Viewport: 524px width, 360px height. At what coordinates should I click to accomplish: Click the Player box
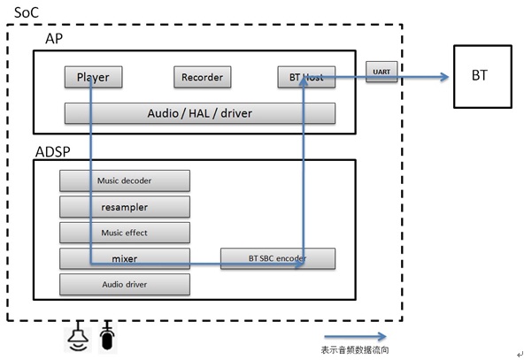pos(94,77)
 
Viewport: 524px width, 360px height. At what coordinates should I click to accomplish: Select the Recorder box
pos(203,77)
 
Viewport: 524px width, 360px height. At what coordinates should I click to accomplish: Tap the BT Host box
pos(306,77)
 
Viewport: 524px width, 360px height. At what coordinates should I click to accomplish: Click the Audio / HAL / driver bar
pos(200,113)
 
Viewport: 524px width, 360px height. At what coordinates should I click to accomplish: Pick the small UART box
pos(381,72)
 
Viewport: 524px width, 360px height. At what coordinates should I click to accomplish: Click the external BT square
pos(482,76)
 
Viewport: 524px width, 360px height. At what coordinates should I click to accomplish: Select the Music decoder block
pos(125,180)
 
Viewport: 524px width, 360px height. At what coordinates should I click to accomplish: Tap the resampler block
pos(125,207)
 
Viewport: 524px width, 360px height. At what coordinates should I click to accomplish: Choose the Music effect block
pos(125,233)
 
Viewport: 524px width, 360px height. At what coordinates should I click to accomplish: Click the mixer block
pos(125,258)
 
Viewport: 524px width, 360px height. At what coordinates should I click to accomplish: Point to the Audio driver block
pos(125,285)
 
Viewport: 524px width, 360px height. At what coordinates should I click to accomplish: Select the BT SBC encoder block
pos(278,258)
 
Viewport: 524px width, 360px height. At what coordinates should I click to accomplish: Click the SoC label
pos(27,12)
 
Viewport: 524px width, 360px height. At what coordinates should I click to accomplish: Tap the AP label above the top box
pos(54,39)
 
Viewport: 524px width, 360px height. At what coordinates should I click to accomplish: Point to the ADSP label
pos(53,152)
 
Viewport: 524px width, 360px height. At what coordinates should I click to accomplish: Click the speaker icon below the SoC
pos(78,336)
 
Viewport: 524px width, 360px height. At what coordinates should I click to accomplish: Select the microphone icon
pos(107,336)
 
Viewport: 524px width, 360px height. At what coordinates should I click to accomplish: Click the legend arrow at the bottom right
pos(356,336)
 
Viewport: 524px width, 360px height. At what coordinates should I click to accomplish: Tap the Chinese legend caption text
pos(355,349)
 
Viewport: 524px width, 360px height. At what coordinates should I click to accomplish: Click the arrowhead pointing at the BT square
pos(444,77)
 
